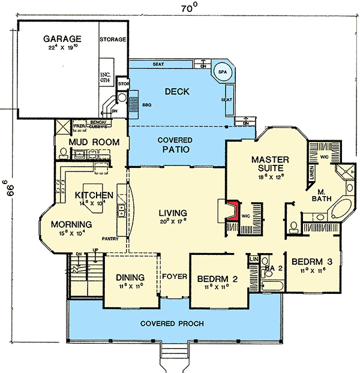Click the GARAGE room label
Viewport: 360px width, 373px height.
point(62,40)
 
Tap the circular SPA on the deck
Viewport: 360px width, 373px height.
point(223,70)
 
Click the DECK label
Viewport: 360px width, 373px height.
point(176,92)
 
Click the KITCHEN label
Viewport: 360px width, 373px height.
point(94,196)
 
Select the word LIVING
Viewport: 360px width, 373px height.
point(173,213)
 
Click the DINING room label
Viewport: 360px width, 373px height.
point(130,278)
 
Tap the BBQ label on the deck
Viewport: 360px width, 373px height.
point(148,104)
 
